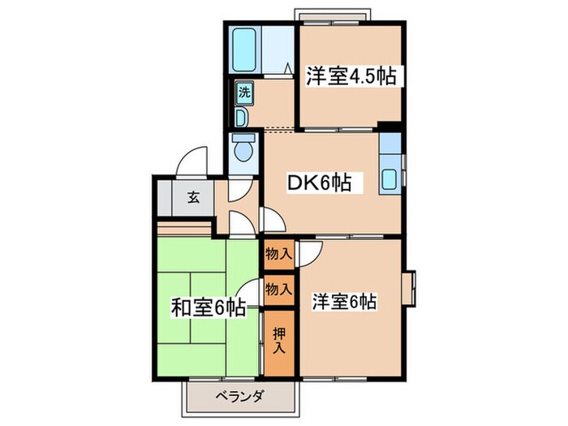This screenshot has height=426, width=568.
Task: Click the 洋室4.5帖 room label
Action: coord(351,77)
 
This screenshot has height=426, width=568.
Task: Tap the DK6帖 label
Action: coord(320,183)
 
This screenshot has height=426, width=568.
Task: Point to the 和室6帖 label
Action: coord(208,308)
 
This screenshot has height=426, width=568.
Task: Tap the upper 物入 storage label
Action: coord(278,255)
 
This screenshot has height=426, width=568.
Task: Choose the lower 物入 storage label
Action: coord(278,289)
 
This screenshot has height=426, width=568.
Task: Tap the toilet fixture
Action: coord(242,151)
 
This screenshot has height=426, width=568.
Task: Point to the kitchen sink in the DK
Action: coord(390,179)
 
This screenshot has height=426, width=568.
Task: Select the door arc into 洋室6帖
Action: coord(308,253)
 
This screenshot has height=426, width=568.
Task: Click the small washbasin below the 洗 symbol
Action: coord(242,116)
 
